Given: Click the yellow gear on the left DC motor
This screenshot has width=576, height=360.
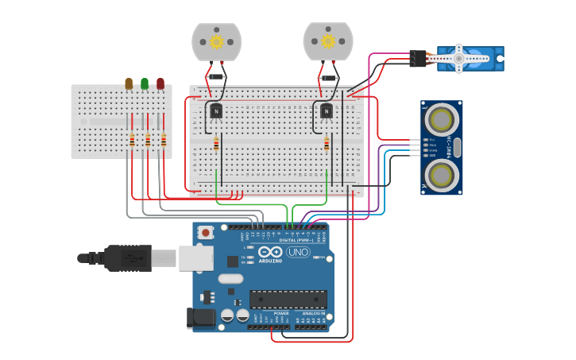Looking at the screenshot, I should (x=216, y=41).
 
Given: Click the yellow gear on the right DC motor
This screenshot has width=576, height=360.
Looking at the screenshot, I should (x=327, y=41).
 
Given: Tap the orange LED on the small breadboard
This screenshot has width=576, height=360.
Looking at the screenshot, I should (x=129, y=83).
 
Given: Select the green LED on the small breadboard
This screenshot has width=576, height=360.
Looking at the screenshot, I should (x=145, y=83).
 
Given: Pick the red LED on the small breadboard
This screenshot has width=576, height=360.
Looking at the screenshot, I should (x=160, y=83).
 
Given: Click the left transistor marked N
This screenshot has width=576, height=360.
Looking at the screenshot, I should (x=215, y=111).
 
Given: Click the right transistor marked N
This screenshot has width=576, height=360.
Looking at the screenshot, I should (x=327, y=111).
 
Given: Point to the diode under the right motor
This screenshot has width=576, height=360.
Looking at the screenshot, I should (x=327, y=78).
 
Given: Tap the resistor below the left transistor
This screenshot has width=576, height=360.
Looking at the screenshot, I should (x=216, y=144).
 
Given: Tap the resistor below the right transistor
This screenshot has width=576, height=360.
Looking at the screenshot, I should (x=327, y=144).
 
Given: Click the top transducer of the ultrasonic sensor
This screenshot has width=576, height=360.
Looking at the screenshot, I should (x=441, y=119).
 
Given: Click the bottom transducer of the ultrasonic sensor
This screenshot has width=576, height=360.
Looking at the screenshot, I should (x=441, y=174).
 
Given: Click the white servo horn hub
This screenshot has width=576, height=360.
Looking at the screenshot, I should (x=458, y=57).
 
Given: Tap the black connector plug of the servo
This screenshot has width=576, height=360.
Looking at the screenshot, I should (x=418, y=58).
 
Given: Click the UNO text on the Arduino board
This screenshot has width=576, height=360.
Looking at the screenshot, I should (x=298, y=253).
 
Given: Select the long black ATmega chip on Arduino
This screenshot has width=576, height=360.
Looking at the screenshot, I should (x=288, y=299).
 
